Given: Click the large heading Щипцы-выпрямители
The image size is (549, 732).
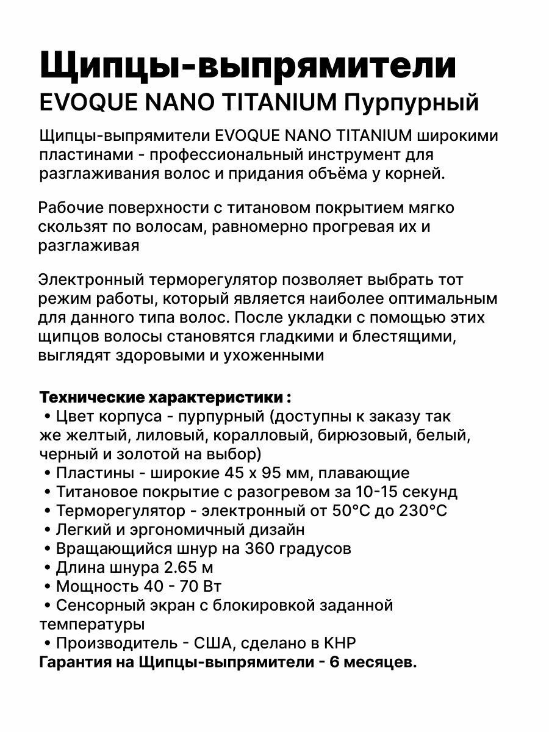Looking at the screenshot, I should pyautogui.click(x=248, y=66).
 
